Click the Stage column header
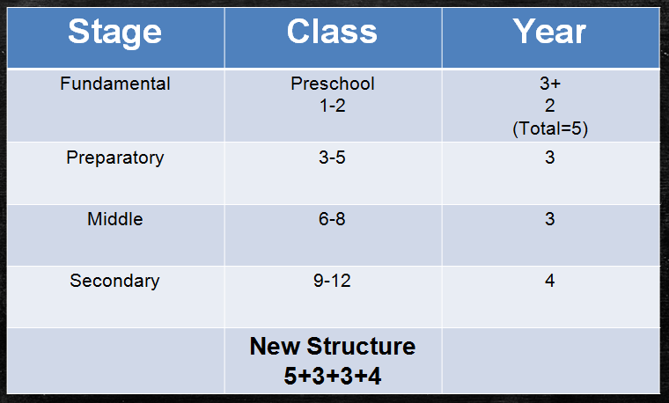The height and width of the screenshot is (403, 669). (114, 33)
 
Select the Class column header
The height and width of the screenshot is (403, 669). (332, 33)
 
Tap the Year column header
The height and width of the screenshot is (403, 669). (550, 33)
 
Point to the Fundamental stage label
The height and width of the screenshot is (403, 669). (115, 84)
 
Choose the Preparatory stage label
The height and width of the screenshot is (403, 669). (115, 158)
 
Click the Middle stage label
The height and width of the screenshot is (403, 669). (115, 219)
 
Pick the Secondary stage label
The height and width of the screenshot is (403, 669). (115, 282)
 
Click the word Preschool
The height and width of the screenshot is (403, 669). (333, 84)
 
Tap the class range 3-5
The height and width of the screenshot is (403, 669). (333, 158)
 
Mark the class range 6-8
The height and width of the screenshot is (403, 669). (333, 219)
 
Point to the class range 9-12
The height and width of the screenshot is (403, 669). (333, 282)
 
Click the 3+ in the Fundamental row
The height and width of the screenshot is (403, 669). (550, 84)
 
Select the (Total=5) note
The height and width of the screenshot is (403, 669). (550, 128)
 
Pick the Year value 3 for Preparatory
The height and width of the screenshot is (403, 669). (550, 158)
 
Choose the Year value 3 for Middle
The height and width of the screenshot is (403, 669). (550, 219)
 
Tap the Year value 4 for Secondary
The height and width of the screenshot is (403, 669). (550, 282)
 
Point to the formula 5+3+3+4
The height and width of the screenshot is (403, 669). (333, 376)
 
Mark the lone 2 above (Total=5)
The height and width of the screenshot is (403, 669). (550, 106)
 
